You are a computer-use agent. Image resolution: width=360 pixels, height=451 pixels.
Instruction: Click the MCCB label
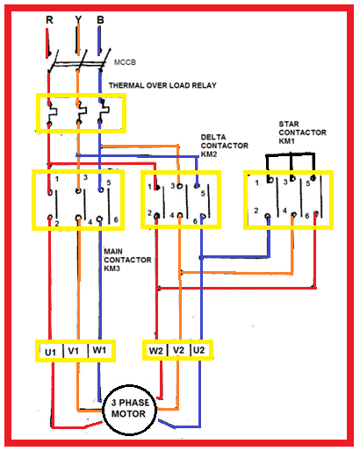pyautogui.click(x=126, y=63)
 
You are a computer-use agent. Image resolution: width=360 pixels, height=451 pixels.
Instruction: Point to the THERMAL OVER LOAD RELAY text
pyautogui.click(x=162, y=85)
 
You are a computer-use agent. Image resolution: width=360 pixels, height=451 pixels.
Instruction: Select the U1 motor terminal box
pyautogui.click(x=50, y=352)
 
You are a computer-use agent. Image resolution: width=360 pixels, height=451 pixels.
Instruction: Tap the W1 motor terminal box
pyautogui.click(x=101, y=352)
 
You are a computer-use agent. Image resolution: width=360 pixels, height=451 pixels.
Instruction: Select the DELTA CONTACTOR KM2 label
pyautogui.click(x=219, y=145)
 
